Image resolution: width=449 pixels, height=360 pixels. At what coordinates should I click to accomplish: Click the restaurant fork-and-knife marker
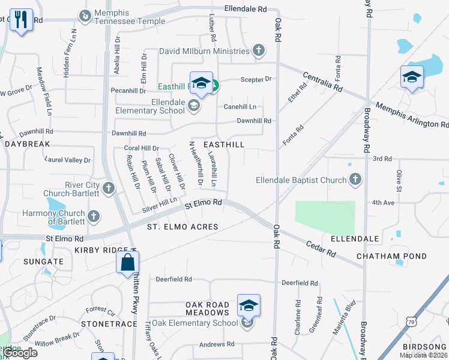coord(22,20)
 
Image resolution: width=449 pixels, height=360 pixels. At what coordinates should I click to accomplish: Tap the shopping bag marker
coord(128,262)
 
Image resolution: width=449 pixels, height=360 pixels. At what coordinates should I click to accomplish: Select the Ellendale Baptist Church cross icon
coord(355,179)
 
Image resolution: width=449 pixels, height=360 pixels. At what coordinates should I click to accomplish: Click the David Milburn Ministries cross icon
coord(259,50)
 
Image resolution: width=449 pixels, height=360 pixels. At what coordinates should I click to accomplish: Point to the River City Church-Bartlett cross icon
coord(109,189)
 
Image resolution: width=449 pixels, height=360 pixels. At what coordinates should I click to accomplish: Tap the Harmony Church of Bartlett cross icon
coord(93,216)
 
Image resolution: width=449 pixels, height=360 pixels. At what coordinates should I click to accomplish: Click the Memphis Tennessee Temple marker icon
coord(85,14)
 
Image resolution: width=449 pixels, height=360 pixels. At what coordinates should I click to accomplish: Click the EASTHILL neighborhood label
coord(224,145)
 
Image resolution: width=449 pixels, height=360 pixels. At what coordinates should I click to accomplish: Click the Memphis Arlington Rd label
coord(412,115)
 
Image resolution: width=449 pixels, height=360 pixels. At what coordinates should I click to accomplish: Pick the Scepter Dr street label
coord(256,79)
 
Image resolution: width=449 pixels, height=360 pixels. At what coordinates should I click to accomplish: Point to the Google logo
coord(19,353)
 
